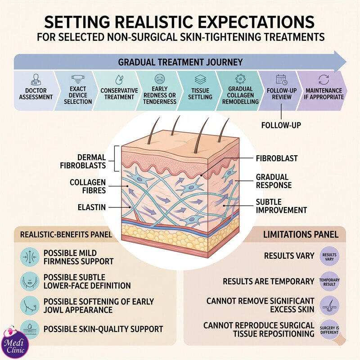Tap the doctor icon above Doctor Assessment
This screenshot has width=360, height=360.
[x=36, y=80]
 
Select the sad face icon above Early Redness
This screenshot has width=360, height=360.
[x=160, y=79]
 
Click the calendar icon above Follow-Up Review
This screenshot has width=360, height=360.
[x=282, y=80]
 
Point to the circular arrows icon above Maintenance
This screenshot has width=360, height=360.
[x=324, y=80]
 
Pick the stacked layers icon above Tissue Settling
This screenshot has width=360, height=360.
[x=200, y=80]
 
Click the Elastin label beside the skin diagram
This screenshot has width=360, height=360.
[x=92, y=207]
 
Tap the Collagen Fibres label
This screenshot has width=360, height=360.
[x=88, y=186]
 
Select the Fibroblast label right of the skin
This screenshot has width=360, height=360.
[x=277, y=158]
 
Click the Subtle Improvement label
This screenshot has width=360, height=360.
[x=281, y=206]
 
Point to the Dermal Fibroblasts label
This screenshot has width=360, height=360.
[x=83, y=162]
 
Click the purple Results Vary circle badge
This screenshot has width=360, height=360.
[x=329, y=256]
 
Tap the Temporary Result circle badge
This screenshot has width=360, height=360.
[x=329, y=282]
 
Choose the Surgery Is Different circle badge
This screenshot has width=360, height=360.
[x=329, y=330]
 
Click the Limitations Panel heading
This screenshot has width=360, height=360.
[x=301, y=234]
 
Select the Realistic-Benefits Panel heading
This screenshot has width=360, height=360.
[x=66, y=234]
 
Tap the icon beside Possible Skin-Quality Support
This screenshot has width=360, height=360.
[x=30, y=329]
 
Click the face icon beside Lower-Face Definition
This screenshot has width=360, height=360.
[x=30, y=282]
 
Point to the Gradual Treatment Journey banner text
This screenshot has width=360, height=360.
[x=180, y=62]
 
